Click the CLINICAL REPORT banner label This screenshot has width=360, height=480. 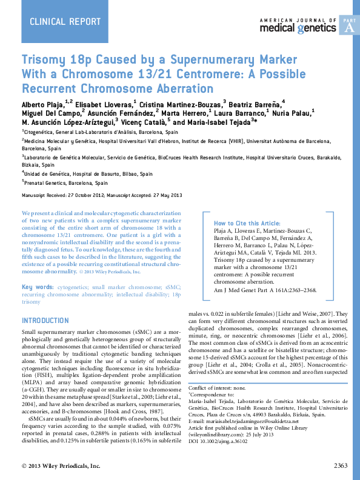click(x=65, y=22)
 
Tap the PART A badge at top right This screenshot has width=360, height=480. click(x=350, y=25)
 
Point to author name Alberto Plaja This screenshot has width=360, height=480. click(x=44, y=102)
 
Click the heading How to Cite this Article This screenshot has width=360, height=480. click(x=247, y=223)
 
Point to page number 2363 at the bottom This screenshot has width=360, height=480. click(x=340, y=465)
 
